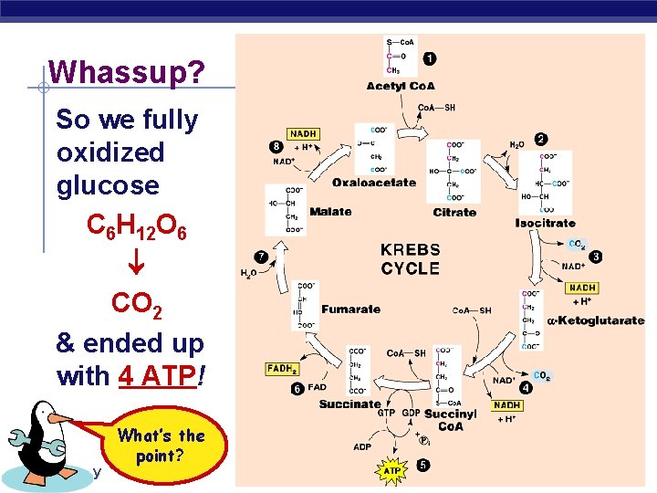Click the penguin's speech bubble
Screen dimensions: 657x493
point(161,445)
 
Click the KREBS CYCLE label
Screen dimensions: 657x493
point(410,259)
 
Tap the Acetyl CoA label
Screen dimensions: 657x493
point(401,87)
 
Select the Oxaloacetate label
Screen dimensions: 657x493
point(373,183)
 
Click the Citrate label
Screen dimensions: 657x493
point(454,212)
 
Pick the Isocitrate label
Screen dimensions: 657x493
point(545,223)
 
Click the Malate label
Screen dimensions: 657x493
point(330,211)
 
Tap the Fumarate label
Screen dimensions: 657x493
point(350,309)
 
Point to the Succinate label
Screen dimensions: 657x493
point(349,404)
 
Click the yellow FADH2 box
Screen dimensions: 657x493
point(282,369)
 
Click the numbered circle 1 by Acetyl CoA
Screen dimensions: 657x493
point(429,58)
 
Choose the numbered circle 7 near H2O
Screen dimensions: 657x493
point(261,257)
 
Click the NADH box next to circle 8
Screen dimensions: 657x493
point(302,134)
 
